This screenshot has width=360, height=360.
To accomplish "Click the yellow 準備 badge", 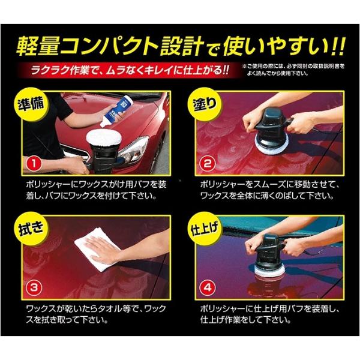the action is coord(31,104).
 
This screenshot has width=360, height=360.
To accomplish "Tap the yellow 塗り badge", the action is coord(204,104).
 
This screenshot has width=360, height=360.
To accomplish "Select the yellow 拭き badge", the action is coord(31,229).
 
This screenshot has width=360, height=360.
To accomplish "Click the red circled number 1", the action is coord(34,164).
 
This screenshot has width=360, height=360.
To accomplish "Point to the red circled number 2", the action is coord(208,164).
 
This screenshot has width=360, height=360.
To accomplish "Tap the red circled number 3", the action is coord(34,288).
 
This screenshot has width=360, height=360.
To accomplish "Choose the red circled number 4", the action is coord(208,288).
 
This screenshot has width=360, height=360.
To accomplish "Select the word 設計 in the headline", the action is coord(182,46).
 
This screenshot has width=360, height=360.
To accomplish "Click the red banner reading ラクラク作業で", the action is coord(130,70).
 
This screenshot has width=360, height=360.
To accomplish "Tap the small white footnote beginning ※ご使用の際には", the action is coord(293,70).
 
